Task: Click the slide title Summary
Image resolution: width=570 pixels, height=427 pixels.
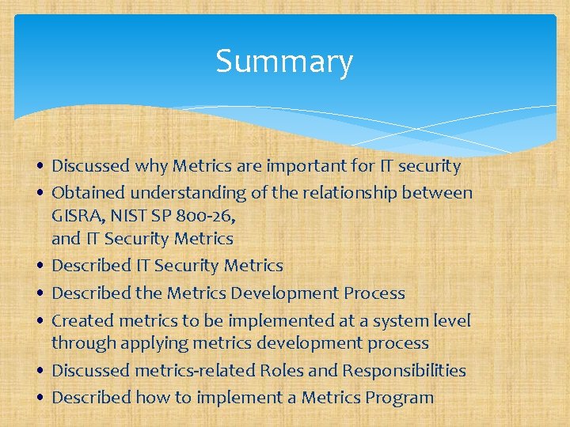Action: (284, 62)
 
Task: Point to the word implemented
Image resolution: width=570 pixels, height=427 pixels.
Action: (275, 320)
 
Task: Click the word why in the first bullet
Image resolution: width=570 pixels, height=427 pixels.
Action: (151, 166)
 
